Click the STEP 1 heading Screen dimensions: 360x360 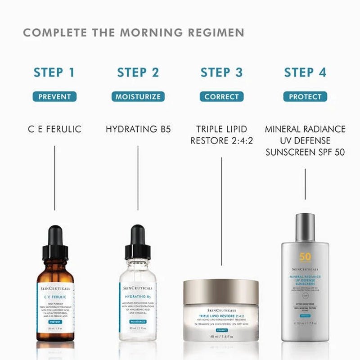[54, 72]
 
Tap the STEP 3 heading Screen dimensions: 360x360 [221, 72]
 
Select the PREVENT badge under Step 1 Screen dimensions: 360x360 [54, 96]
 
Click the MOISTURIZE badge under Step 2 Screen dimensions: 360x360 [138, 96]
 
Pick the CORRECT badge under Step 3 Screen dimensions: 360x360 [221, 96]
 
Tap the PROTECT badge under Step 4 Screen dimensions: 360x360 [305, 96]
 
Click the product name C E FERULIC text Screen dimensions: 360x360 [54, 129]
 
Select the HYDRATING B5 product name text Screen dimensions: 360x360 [138, 129]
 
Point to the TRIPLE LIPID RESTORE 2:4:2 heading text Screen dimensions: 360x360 [221, 135]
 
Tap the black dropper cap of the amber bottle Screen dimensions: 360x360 [55, 243]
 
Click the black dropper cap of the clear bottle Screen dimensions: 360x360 [138, 243]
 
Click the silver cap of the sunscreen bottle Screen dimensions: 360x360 [305, 227]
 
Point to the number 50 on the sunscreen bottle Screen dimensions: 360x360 [305, 257]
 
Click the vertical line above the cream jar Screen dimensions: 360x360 [221, 211]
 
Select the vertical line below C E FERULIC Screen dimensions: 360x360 [54, 178]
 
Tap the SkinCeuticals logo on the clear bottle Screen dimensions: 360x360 [138, 288]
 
